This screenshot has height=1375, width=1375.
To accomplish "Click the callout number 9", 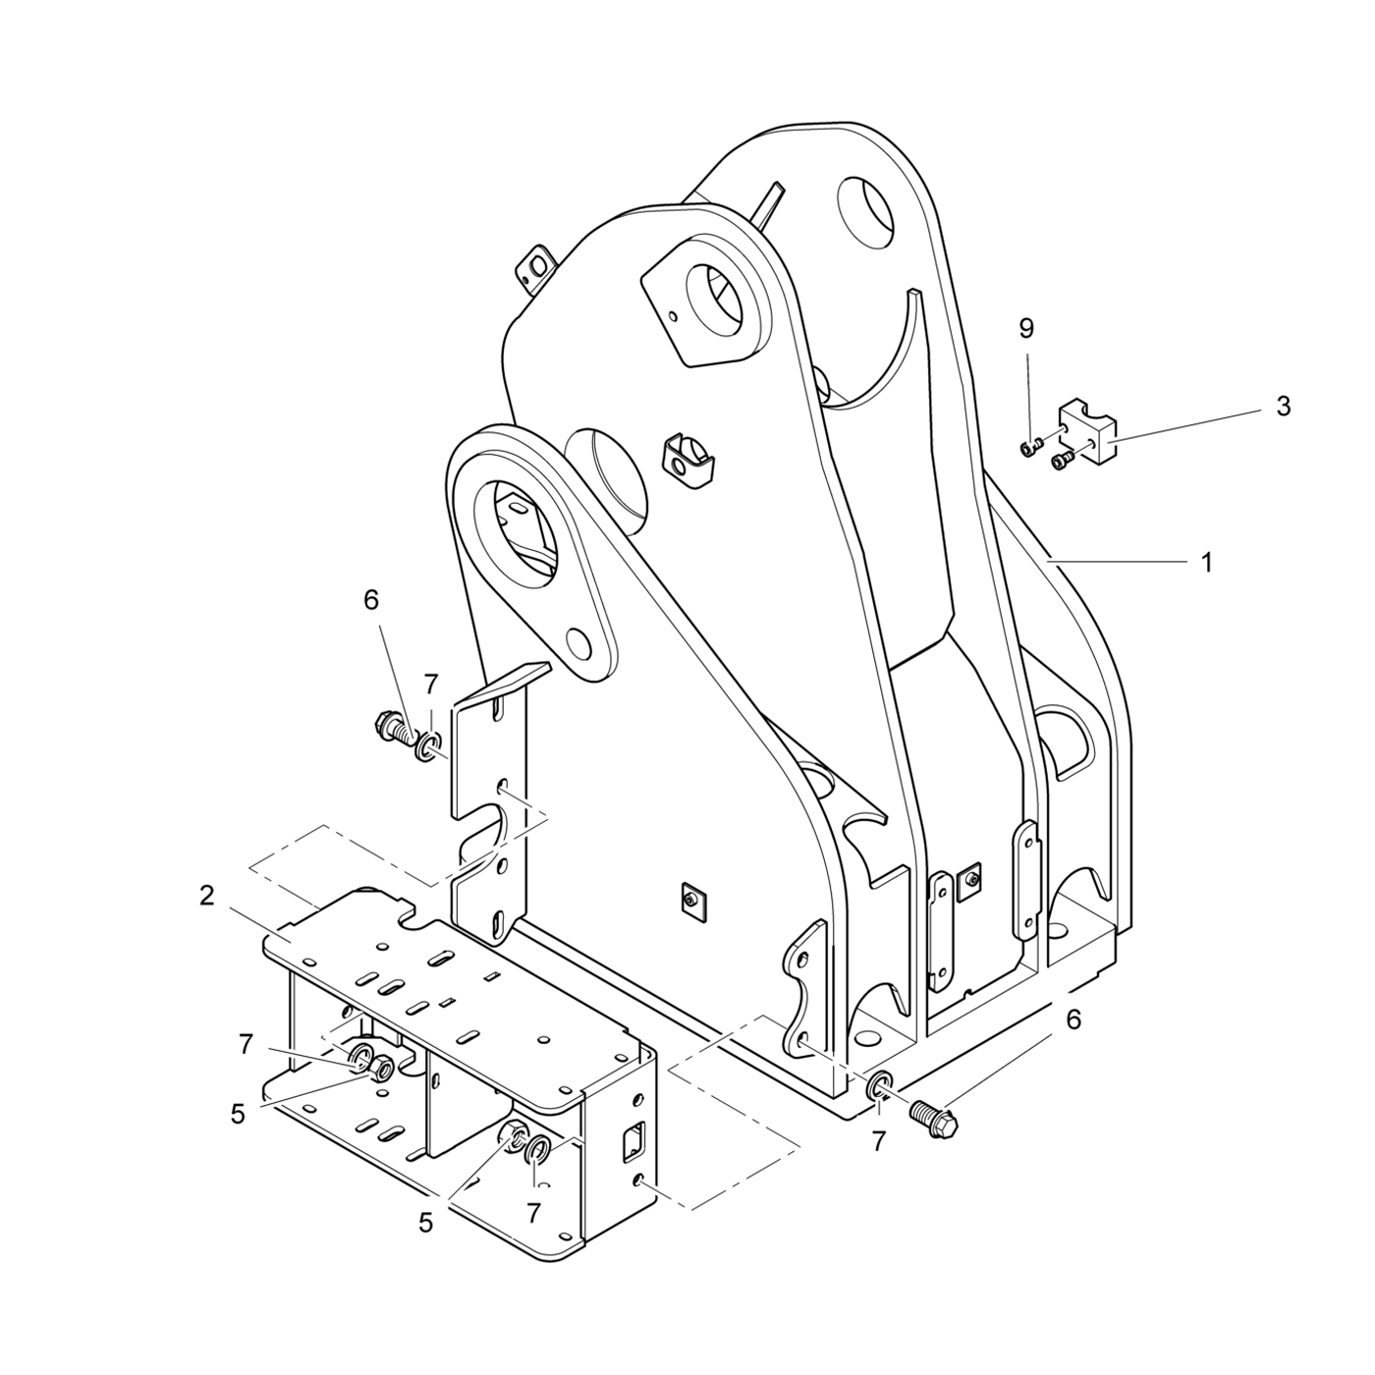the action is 1026,329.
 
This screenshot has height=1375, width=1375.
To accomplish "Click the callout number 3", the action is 1283,408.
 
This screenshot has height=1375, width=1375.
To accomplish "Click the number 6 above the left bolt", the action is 371,601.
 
